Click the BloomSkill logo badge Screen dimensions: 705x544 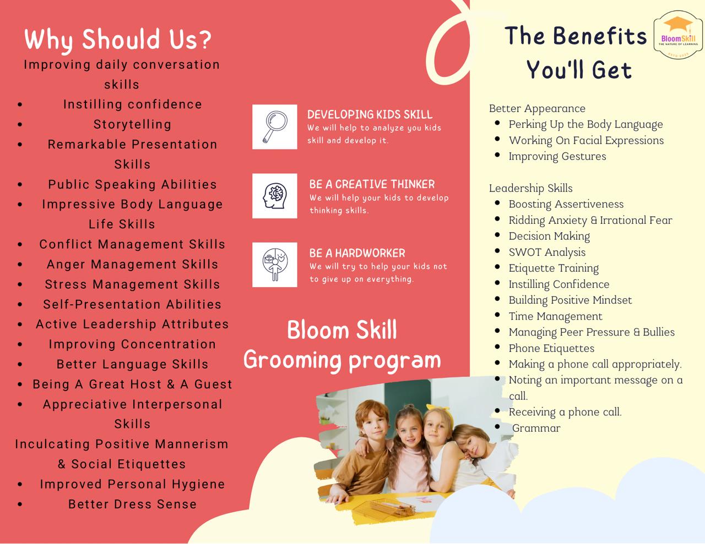point(677,35)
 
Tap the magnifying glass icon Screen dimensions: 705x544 point(275,127)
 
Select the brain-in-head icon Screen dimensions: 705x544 point(275,196)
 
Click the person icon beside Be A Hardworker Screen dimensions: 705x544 point(275,265)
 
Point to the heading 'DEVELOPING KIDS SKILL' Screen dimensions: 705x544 point(370,115)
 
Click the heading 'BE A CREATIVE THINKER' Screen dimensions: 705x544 point(372,184)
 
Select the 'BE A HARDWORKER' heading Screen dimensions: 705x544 point(357,253)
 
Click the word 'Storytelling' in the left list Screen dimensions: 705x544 point(132,125)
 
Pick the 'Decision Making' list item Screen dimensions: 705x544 point(549,236)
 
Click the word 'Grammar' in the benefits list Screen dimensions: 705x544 point(536,428)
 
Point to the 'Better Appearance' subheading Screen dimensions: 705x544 point(537,108)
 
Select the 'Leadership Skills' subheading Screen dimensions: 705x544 point(530,188)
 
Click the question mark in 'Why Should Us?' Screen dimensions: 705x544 point(205,40)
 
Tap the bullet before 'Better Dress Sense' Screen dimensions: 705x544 point(20,504)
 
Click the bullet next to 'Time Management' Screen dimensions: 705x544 point(497,315)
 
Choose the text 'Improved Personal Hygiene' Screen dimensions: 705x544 point(132,485)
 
